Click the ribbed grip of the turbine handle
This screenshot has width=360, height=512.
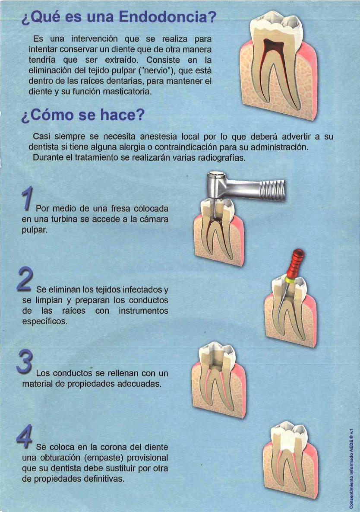pos(270,191)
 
